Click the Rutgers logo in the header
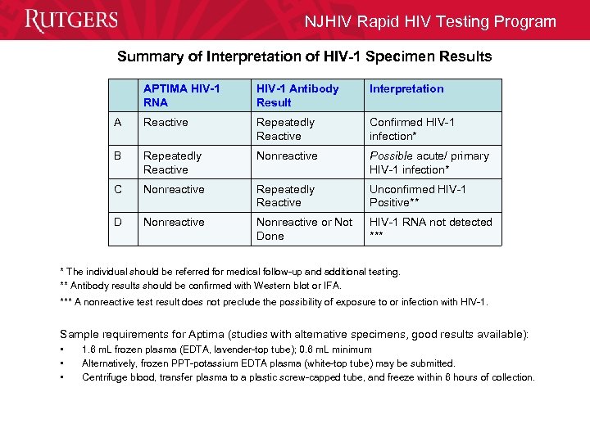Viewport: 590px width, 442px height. tap(71, 20)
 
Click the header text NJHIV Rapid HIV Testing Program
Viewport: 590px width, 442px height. tap(430, 22)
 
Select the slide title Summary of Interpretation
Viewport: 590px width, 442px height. tap(304, 56)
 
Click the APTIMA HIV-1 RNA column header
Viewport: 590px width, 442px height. tap(181, 96)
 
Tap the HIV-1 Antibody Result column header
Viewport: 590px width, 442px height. tap(297, 96)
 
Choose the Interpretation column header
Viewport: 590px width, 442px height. tap(406, 89)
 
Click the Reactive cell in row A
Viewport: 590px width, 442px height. tap(166, 123)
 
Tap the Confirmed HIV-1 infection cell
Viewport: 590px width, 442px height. tap(411, 129)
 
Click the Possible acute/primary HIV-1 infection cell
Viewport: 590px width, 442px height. tap(429, 163)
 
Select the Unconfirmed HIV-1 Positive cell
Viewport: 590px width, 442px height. tap(417, 196)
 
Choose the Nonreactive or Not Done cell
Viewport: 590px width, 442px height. tap(304, 229)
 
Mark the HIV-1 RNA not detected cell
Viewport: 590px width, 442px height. tap(430, 228)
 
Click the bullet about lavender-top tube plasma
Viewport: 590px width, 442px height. tap(226, 350)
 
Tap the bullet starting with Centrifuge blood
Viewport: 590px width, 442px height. tap(308, 377)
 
